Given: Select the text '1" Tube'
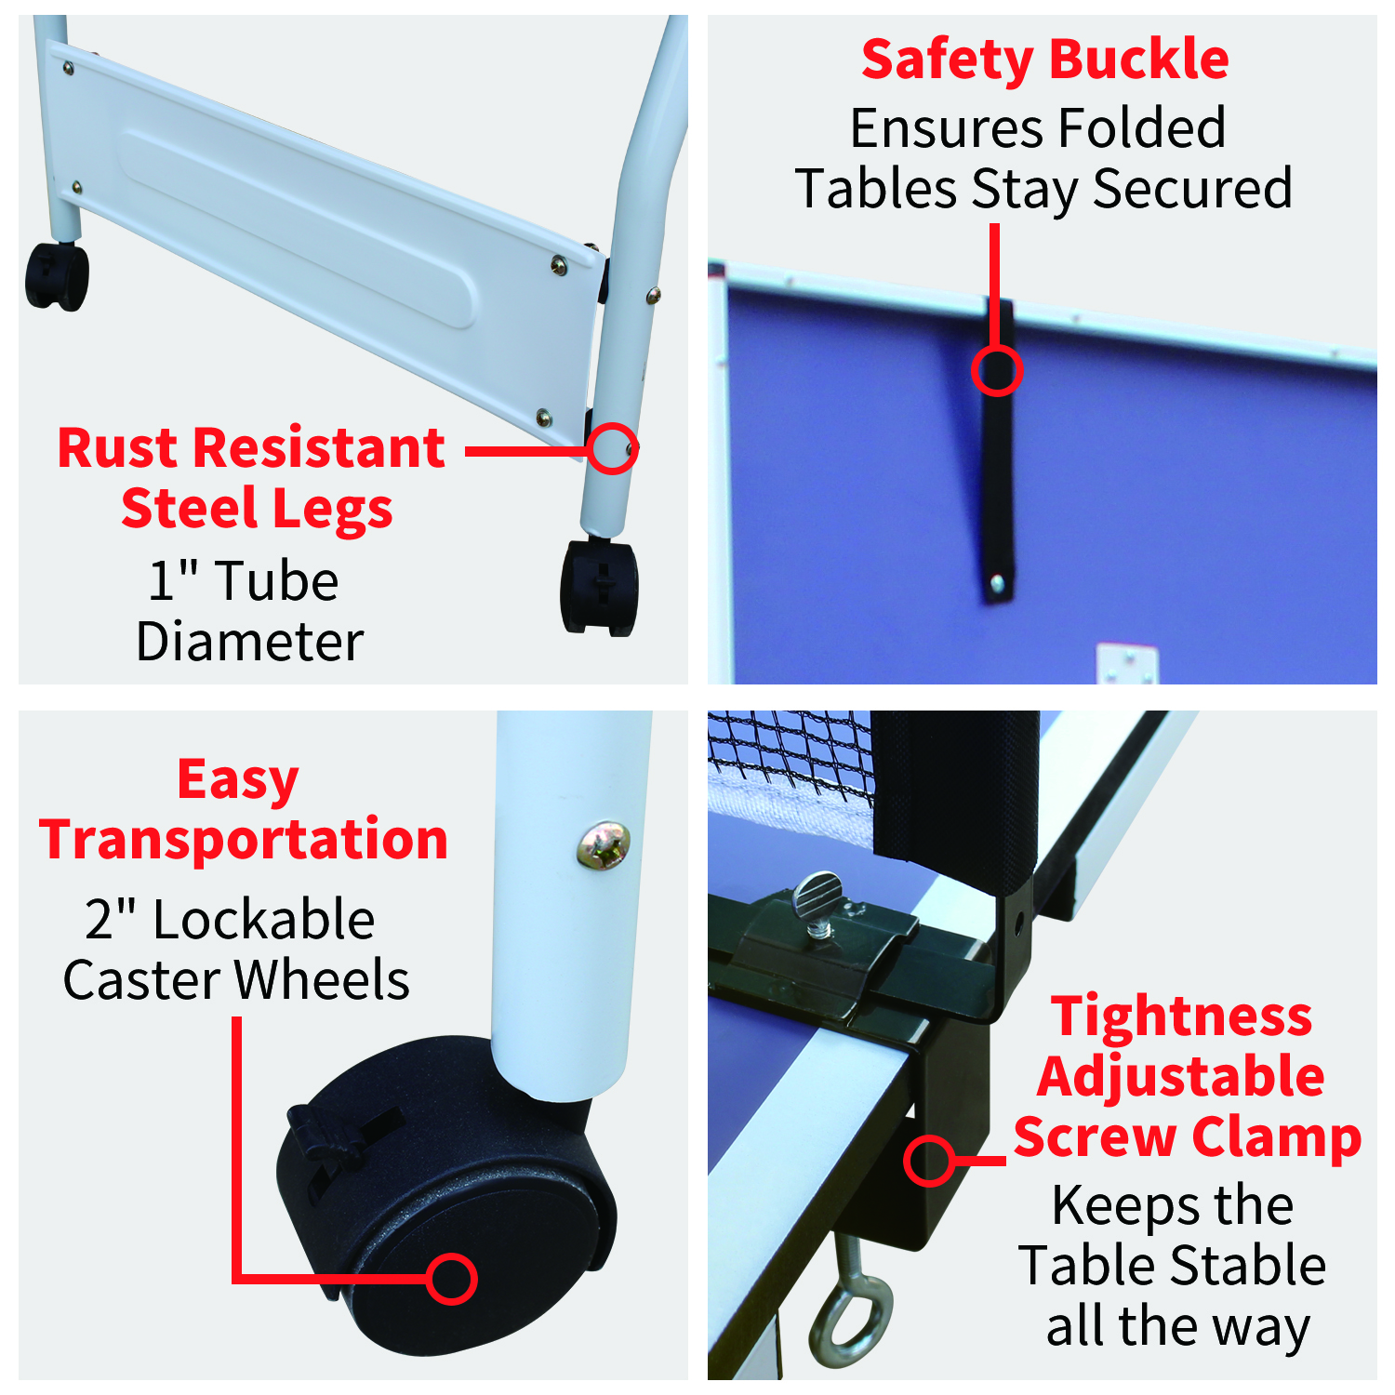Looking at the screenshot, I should (244, 581).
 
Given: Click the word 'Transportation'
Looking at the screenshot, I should (244, 839).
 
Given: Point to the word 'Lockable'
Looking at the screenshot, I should (263, 920).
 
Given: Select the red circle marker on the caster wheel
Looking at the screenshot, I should (452, 1278).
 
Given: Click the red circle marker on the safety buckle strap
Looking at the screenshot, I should (996, 370).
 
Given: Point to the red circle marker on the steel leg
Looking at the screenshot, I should (612, 449).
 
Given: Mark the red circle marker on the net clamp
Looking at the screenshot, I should (929, 1161).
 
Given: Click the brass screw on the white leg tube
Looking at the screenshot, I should (604, 844).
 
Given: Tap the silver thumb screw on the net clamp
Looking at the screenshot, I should (817, 899).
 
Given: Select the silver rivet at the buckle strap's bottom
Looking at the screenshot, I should (997, 584).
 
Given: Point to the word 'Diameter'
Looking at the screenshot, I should (249, 642).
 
